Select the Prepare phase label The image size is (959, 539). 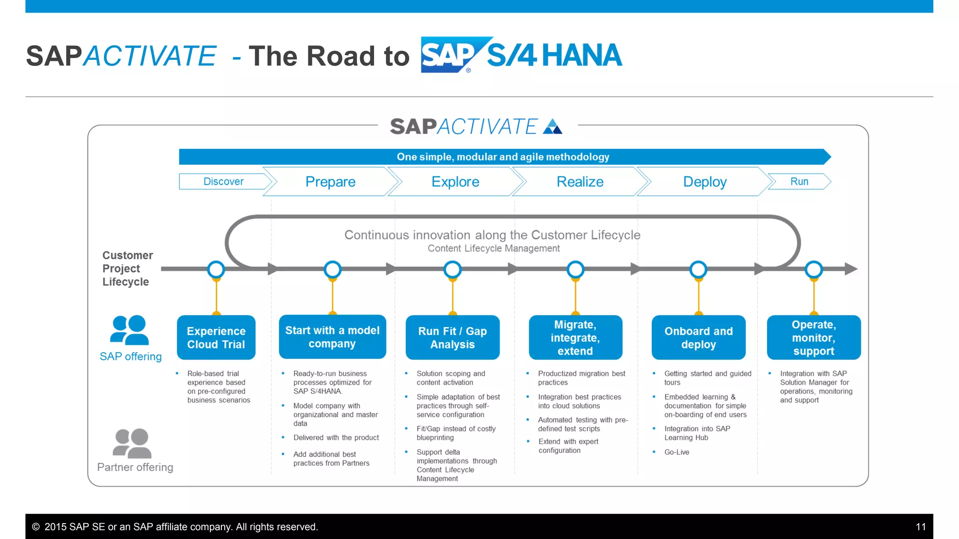pyautogui.click(x=330, y=182)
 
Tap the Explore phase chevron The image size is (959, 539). pyautogui.click(x=455, y=182)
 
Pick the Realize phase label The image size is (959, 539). pyautogui.click(x=580, y=182)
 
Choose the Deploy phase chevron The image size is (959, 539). pyautogui.click(x=704, y=182)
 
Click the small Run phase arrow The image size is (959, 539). pyautogui.click(x=799, y=182)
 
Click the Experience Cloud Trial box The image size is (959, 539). pyautogui.click(x=216, y=337)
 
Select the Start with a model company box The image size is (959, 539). pyautogui.click(x=332, y=337)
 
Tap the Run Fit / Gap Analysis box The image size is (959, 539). pyautogui.click(x=452, y=337)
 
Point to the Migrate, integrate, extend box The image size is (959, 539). pyautogui.click(x=575, y=337)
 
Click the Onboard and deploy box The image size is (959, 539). pyautogui.click(x=698, y=337)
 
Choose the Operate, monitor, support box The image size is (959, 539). pyautogui.click(x=813, y=337)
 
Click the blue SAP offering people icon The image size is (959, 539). pyautogui.click(x=130, y=330)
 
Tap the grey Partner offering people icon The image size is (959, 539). pyautogui.click(x=132, y=443)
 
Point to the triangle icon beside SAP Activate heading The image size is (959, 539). pyautogui.click(x=553, y=127)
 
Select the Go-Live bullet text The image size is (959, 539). pyautogui.click(x=677, y=452)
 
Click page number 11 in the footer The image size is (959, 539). pyautogui.click(x=921, y=527)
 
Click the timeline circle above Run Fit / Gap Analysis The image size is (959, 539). pyautogui.click(x=452, y=269)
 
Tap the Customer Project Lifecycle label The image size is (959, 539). pyautogui.click(x=127, y=269)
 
